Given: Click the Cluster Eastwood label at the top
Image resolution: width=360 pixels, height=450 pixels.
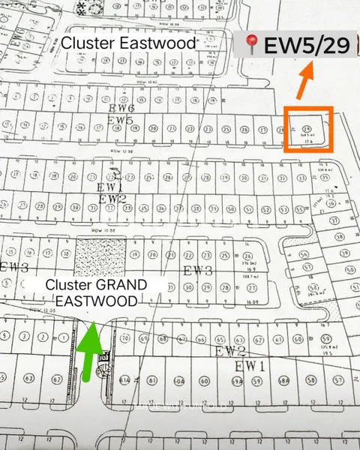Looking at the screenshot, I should point(128,43).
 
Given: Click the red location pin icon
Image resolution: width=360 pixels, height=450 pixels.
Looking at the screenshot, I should point(250,46).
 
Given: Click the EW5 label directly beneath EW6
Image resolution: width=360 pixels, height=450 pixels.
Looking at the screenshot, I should point(121,120).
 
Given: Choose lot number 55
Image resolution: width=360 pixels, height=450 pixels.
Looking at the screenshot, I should point(299,207).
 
